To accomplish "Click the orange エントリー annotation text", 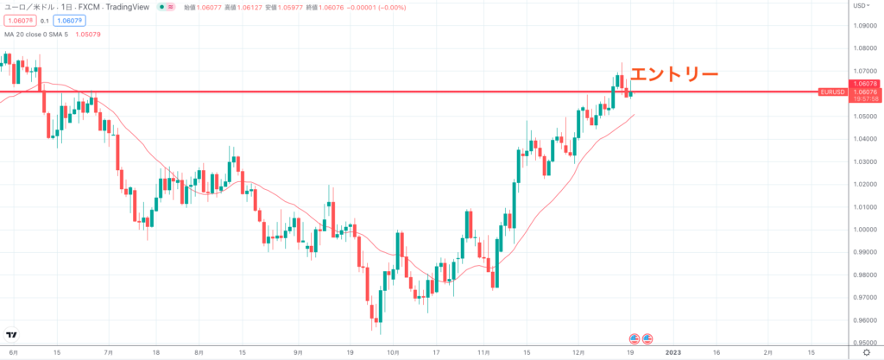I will click(673, 75).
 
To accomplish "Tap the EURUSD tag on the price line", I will click(831, 92).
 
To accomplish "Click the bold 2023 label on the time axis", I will click(673, 353).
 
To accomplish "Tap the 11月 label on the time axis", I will click(484, 353).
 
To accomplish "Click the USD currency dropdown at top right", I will click(861, 6).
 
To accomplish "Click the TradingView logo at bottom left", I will click(13, 335).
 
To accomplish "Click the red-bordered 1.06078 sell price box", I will click(16, 20).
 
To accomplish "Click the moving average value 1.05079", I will click(89, 35).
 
